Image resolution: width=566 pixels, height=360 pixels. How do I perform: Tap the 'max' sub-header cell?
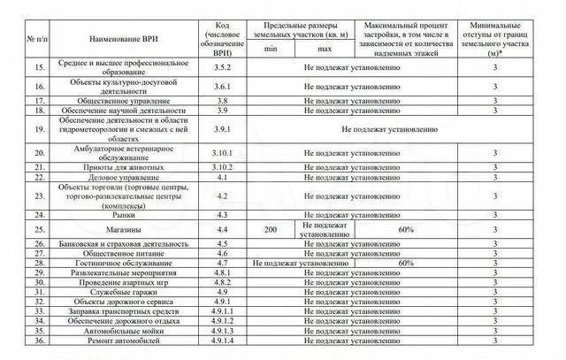[x=325, y=49]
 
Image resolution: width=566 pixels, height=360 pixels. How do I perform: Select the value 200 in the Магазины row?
[x=270, y=229]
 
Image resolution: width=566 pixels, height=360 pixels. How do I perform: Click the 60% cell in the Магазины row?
[x=406, y=229]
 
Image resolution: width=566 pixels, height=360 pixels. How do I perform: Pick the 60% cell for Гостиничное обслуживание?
[x=406, y=263]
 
